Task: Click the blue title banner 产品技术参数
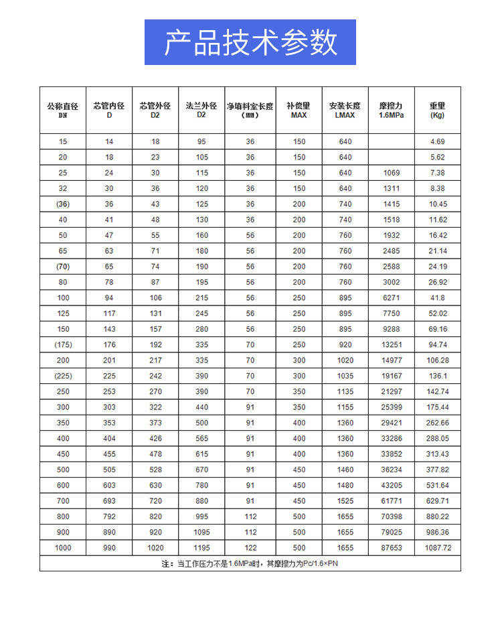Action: coord(250,42)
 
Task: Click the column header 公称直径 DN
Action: coord(63,110)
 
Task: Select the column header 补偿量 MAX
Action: coord(299,110)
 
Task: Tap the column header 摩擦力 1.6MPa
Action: coord(392,110)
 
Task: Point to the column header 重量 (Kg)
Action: coord(437,110)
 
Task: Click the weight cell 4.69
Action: coord(437,141)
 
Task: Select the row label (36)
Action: coord(63,204)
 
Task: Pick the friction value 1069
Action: coord(392,173)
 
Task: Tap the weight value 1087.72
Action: coord(438,547)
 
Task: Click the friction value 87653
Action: coord(392,547)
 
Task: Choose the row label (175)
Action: coord(63,344)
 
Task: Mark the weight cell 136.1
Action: coord(437,376)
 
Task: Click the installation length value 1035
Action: coord(345,376)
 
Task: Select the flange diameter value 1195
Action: coord(201,547)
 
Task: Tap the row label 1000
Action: coord(63,547)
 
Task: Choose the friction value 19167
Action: coord(392,376)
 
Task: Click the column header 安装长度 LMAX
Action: coord(345,110)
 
